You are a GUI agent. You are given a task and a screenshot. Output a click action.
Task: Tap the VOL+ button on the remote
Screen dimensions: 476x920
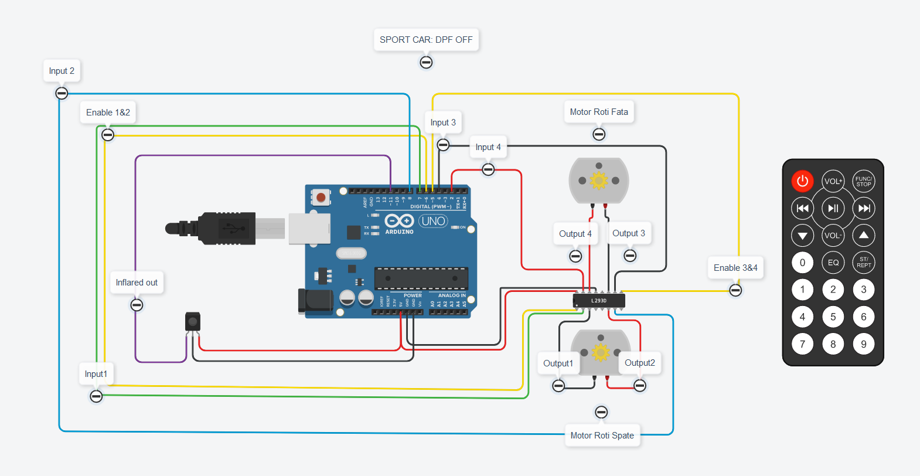tap(833, 181)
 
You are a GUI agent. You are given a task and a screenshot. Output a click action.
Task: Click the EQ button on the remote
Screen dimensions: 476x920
tap(833, 263)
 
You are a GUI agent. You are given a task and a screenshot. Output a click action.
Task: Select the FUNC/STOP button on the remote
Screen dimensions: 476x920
tap(863, 181)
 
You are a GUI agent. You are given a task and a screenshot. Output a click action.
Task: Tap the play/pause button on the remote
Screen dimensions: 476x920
tap(833, 208)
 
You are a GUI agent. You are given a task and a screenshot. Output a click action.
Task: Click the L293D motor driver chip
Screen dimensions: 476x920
tap(599, 301)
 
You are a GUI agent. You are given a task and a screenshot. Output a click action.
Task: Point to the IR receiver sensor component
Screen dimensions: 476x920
tap(192, 322)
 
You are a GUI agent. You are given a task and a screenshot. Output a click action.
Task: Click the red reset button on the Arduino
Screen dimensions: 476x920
tap(321, 197)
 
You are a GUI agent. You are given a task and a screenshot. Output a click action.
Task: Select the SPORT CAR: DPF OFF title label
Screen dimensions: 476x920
tap(426, 40)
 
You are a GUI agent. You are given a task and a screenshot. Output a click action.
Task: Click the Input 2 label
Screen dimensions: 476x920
tap(62, 71)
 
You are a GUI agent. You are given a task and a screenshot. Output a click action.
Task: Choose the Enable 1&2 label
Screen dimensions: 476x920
tap(108, 113)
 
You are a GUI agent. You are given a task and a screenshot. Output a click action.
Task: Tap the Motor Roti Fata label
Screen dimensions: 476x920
tap(599, 112)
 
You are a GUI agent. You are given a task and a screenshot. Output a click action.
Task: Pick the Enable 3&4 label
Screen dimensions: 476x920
tap(735, 268)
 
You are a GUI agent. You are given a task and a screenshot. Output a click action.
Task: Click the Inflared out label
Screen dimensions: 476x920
tap(137, 283)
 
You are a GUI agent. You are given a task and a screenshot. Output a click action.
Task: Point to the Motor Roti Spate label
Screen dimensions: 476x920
tap(602, 436)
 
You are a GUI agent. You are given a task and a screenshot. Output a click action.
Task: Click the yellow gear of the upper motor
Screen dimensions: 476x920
tap(599, 181)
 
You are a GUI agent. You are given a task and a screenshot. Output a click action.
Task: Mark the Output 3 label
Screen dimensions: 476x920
tap(629, 233)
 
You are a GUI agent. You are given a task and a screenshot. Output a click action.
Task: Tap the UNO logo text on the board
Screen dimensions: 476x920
tap(433, 221)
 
